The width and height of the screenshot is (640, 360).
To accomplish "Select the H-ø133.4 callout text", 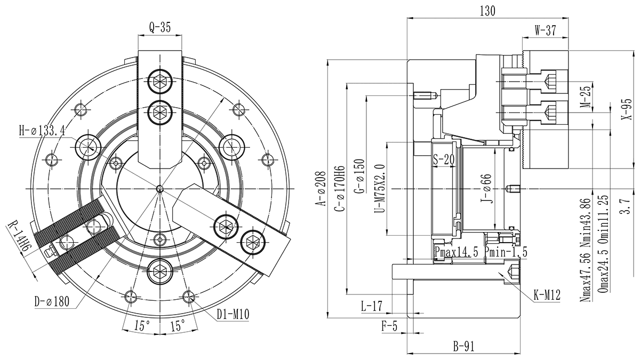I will [x=42, y=130].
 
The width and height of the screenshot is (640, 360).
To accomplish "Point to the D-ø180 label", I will [x=52, y=302].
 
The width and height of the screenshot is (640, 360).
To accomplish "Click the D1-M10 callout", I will [x=233, y=315].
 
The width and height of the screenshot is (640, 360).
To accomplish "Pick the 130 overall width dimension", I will [x=487, y=11].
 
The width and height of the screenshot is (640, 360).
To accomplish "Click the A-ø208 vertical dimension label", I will [x=319, y=189].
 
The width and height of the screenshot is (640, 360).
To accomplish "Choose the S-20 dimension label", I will [x=443, y=159].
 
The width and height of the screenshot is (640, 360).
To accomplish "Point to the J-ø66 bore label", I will [x=485, y=189].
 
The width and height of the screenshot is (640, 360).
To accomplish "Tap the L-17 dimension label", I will [x=371, y=306].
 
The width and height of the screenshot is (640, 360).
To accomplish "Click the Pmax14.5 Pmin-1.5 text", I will [x=481, y=252].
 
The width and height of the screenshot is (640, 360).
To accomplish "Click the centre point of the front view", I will [x=160, y=189].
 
